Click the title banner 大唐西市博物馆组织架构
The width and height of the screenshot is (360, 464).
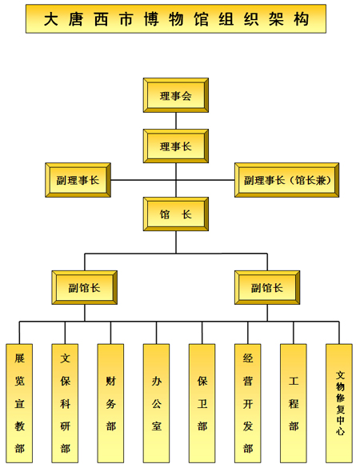[176, 18]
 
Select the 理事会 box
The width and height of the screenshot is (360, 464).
[176, 95]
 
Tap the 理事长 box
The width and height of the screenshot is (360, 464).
[176, 146]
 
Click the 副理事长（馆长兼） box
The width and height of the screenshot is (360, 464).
[286, 180]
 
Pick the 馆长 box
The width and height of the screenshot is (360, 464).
[176, 214]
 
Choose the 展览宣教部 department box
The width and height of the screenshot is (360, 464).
[19, 403]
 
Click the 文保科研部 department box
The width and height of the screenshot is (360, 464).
[65, 403]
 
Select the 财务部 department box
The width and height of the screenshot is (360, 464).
[110, 403]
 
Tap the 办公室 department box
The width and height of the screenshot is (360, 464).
[156, 403]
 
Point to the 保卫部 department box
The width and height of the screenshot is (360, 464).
[202, 403]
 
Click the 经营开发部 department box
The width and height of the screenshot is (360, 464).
[247, 403]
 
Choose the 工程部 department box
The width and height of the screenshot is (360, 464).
[294, 403]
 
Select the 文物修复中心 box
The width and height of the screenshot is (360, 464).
[339, 403]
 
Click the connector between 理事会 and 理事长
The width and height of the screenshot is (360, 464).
[176, 121]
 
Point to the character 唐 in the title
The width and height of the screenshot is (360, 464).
[76, 19]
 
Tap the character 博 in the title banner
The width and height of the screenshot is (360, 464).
[151, 19]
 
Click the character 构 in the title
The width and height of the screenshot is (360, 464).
[301, 19]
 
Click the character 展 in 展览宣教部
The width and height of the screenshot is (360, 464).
[20, 358]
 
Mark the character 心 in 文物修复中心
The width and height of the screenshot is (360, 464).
[340, 430]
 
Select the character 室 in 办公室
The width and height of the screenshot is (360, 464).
[157, 426]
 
